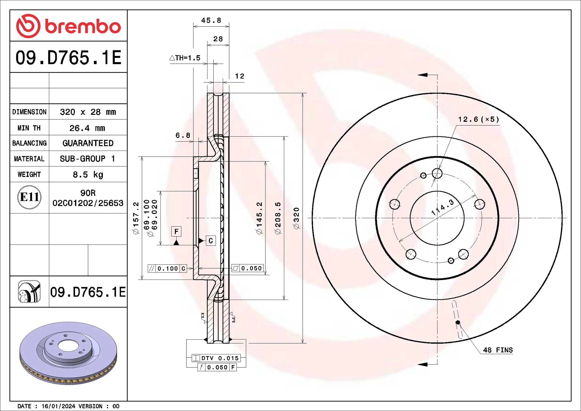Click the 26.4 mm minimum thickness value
tap(87, 128)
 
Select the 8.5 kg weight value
tap(88, 175)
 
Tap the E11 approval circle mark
tap(29, 197)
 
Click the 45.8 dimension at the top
tap(211, 20)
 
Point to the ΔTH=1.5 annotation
tap(185, 58)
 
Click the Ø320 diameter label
tap(296, 218)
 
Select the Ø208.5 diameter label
tap(278, 218)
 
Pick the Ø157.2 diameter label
tap(136, 218)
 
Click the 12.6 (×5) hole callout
tap(479, 119)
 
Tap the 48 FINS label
tap(498, 350)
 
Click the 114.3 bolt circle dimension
tap(442, 208)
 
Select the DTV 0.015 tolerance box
tap(216, 358)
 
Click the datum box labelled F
tap(176, 231)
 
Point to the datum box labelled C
tap(211, 241)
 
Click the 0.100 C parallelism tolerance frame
tap(167, 268)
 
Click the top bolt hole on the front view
tap(437, 173)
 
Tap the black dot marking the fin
tap(458, 322)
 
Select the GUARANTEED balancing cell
tap(88, 143)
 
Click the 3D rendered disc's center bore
tap(68, 346)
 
